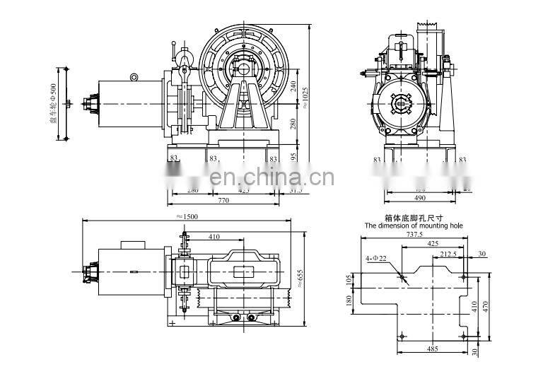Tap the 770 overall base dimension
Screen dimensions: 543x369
[223, 201]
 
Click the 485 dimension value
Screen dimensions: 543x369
[432, 348]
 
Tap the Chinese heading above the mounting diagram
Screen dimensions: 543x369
[414, 218]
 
